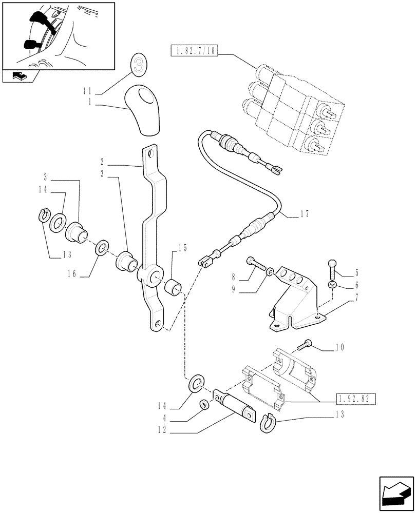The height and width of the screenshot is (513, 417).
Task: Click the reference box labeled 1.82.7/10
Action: (x=193, y=51)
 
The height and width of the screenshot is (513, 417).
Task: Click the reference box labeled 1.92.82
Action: (x=357, y=399)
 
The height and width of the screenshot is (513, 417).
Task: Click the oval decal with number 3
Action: (x=137, y=65)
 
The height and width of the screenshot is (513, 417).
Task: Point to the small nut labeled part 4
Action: (x=204, y=405)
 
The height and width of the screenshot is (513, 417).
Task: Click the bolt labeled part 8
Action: (x=256, y=264)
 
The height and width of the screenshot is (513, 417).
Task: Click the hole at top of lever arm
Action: (x=150, y=152)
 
